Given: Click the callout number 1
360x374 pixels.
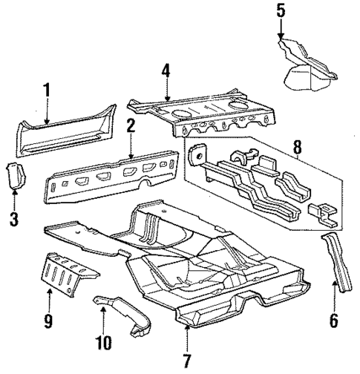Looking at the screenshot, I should [46, 91].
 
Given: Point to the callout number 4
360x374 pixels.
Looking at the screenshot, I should [166, 73].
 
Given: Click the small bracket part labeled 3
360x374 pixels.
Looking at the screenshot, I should [16, 175].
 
